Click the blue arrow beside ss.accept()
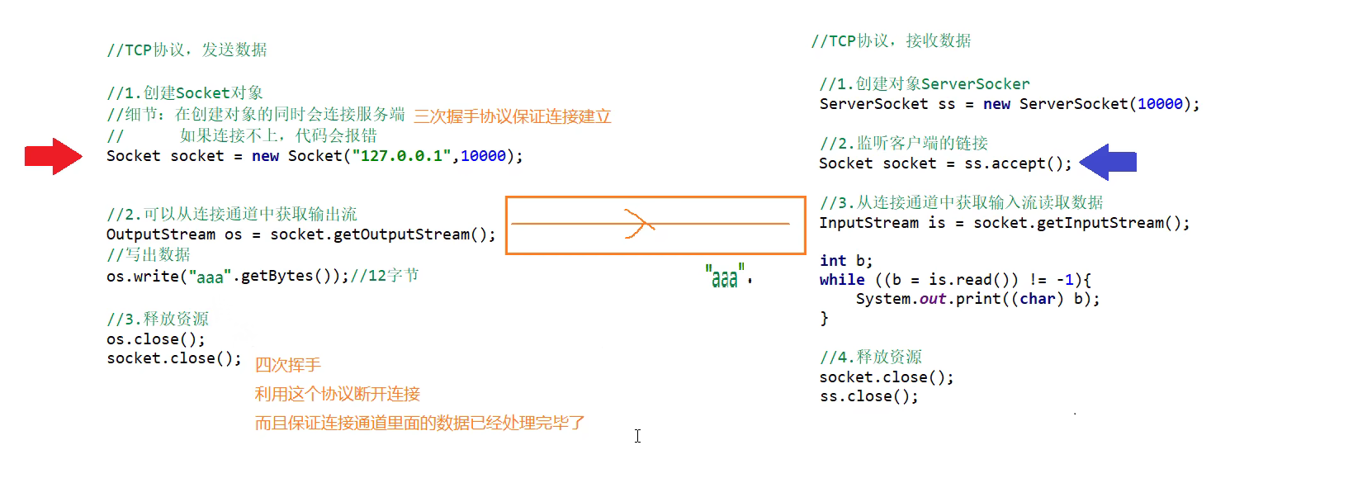pyautogui.click(x=1108, y=163)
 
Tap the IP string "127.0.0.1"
pyautogui.click(x=401, y=156)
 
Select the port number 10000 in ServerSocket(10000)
pyautogui.click(x=1160, y=104)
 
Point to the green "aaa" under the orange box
pyautogui.click(x=726, y=277)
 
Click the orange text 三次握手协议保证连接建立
pyautogui.click(x=512, y=116)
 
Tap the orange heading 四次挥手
pyautogui.click(x=287, y=365)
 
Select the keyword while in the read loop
pyautogui.click(x=842, y=280)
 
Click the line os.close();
pyautogui.click(x=155, y=339)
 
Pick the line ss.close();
pyautogui.click(x=868, y=396)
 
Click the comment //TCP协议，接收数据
pyautogui.click(x=891, y=41)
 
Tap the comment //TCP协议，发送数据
pyautogui.click(x=187, y=50)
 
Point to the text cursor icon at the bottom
pyautogui.click(x=637, y=436)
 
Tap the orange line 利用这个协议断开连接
pyautogui.click(x=337, y=394)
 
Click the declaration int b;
pyautogui.click(x=845, y=261)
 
